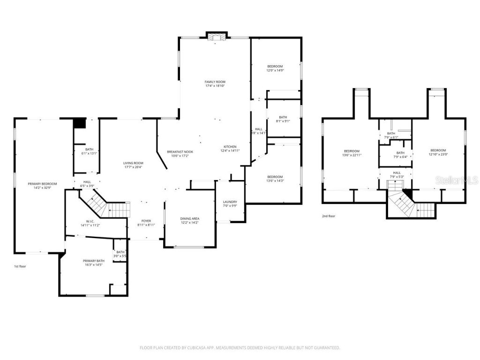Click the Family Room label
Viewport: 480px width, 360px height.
click(215, 82)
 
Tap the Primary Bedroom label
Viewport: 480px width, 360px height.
click(43, 184)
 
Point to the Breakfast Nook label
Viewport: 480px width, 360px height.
click(180, 151)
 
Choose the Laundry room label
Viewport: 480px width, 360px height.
click(230, 202)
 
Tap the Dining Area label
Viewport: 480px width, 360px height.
click(190, 218)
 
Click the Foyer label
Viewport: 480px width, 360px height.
click(146, 221)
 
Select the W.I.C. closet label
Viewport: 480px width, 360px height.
click(90, 222)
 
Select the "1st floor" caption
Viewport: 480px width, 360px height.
click(20, 266)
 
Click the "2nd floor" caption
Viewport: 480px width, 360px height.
click(328, 216)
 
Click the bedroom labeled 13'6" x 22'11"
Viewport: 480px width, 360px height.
click(352, 152)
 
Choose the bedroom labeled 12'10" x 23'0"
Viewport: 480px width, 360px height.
click(438, 152)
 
